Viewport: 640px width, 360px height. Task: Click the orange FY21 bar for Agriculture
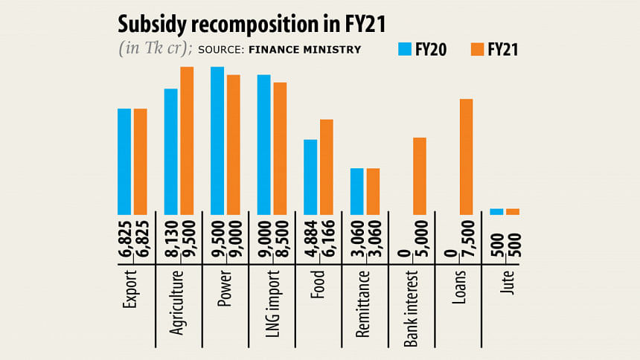[187, 141]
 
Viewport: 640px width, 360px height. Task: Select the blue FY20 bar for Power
[217, 141]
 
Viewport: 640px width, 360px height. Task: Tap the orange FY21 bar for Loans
[467, 157]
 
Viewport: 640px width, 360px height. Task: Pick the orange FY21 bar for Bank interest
[420, 176]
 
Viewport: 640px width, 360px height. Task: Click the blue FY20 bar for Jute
[496, 212]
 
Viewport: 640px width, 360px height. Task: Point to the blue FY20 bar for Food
[310, 177]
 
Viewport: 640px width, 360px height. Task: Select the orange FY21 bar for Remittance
[373, 192]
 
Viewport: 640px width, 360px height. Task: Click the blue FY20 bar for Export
[124, 161]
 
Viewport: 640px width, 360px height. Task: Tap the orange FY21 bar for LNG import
[280, 149]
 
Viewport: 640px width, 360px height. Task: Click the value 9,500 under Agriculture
[187, 238]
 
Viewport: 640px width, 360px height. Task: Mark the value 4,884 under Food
[310, 238]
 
